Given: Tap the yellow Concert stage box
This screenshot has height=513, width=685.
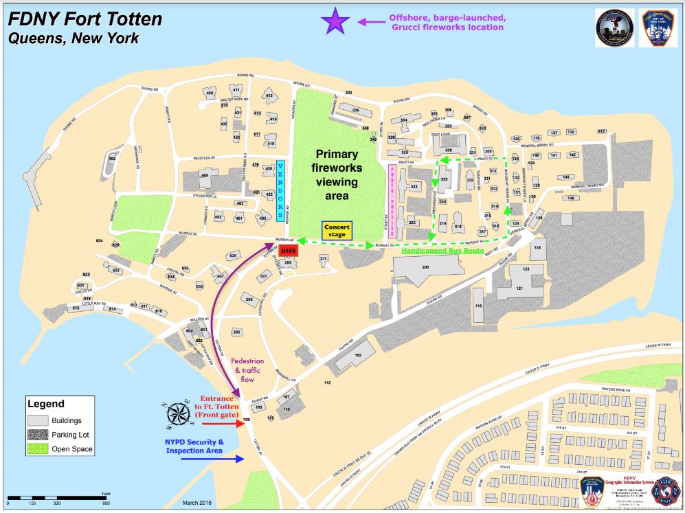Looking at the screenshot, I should click(337, 231).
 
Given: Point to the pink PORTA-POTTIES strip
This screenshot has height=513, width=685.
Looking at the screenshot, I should click(393, 201).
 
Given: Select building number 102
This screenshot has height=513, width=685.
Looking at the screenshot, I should click(357, 355).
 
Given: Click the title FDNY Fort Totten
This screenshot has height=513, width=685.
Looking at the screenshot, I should click(85, 19).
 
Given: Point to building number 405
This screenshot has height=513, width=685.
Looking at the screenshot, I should click(204, 176).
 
